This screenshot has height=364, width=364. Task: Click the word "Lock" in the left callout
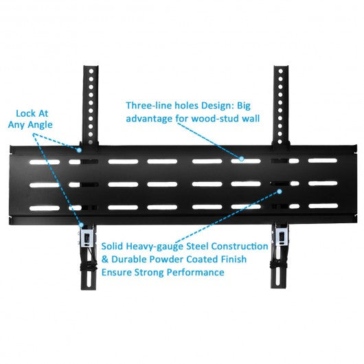pos(25,113)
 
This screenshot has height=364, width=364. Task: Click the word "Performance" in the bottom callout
pos(196,272)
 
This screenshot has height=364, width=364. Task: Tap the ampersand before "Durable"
pos(105,260)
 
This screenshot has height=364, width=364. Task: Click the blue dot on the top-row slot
pos(242,159)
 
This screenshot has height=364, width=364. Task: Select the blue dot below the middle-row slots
pos(280,192)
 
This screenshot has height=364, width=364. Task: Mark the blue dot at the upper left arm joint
pos(79,150)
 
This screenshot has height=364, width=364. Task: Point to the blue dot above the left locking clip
pos(81,225)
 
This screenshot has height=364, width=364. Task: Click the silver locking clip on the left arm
pos(87,239)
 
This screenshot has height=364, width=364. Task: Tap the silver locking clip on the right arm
pos(282,238)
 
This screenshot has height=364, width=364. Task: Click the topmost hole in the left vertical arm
pos(91,71)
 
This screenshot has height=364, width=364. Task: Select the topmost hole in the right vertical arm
pos(280,71)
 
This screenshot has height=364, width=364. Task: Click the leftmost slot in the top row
pos(45,162)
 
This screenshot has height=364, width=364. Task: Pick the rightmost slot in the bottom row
pos(323,206)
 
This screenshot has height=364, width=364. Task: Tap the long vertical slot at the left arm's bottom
pos(88,277)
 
